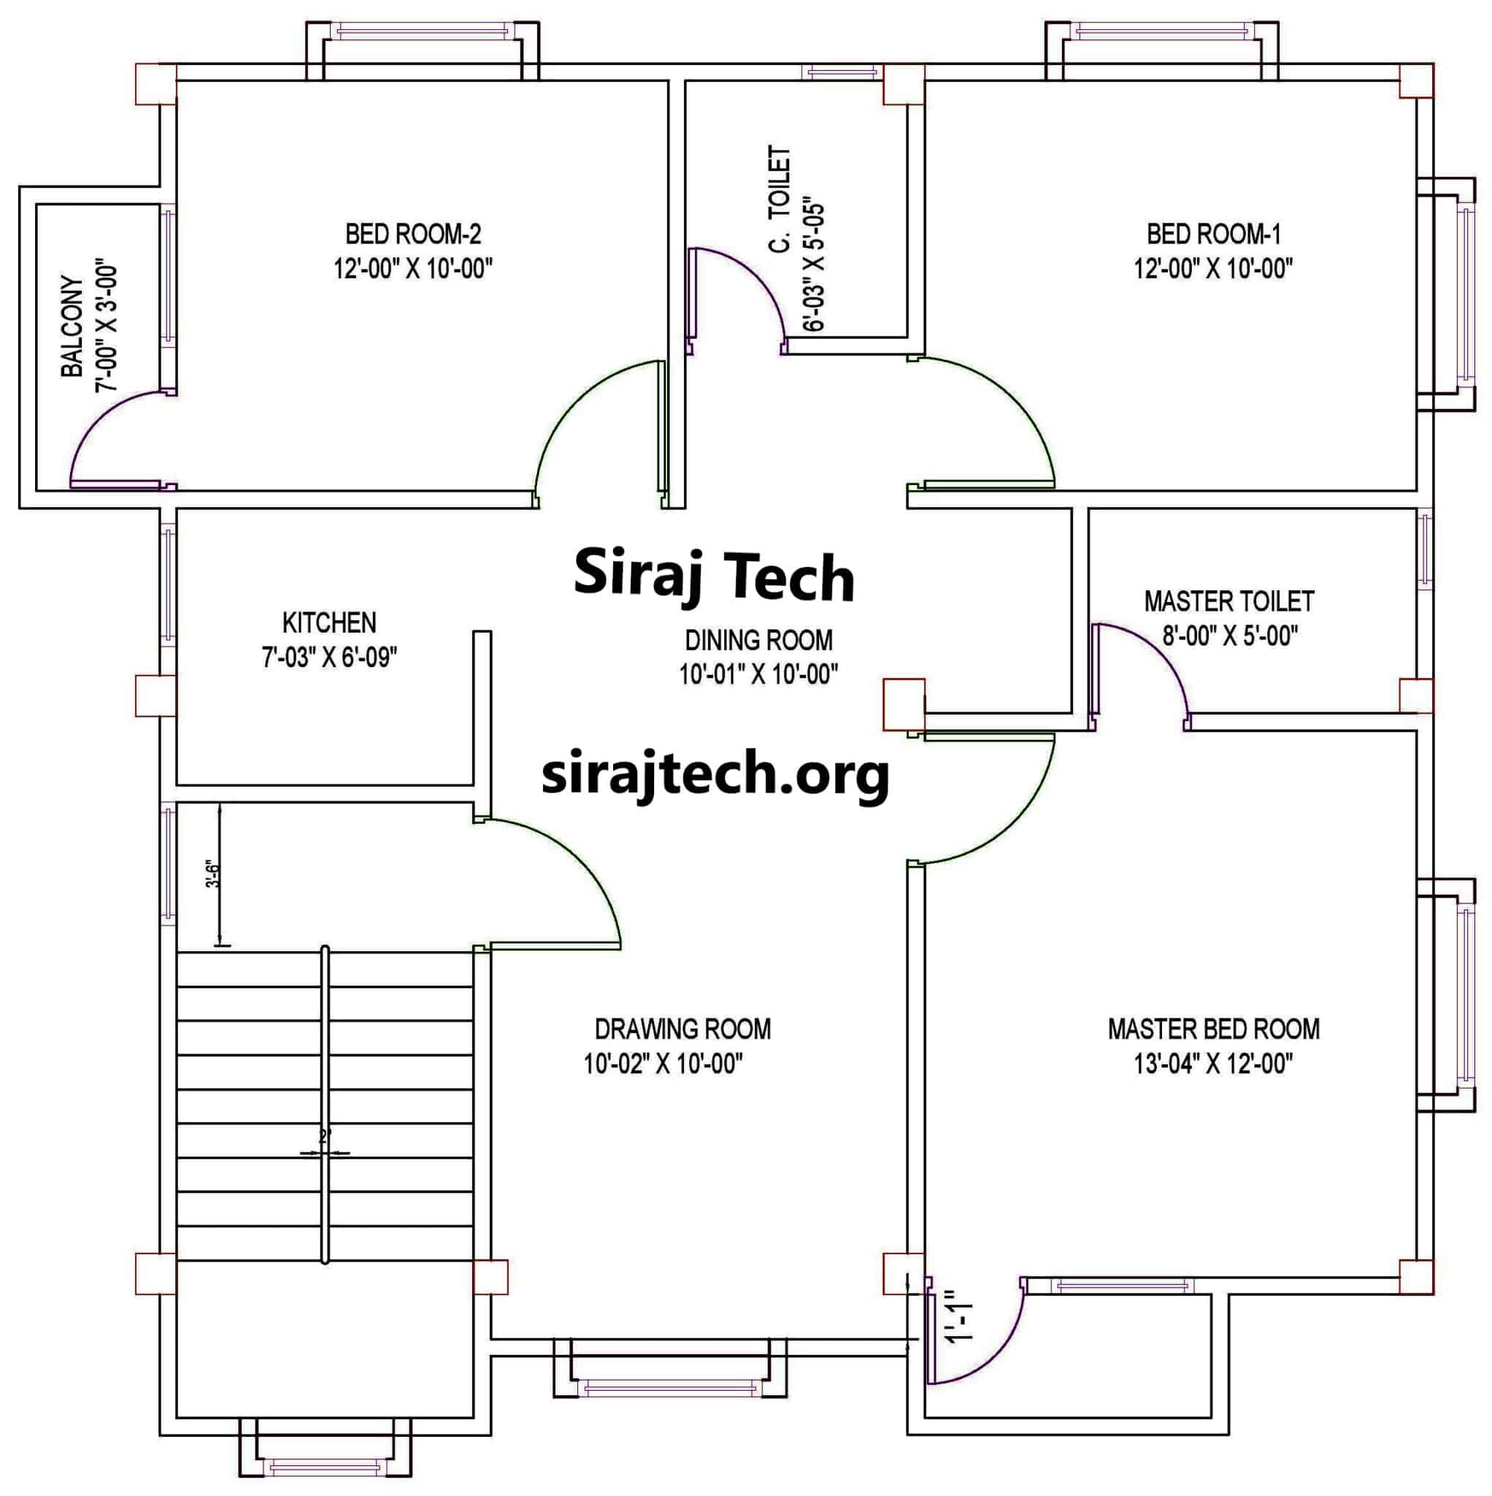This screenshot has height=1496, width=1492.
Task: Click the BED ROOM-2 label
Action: tap(413, 233)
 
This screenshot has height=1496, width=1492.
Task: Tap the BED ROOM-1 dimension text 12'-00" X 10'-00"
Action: tap(1213, 269)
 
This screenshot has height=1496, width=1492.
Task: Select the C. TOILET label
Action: tap(780, 199)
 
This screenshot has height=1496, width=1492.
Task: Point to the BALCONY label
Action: tap(72, 326)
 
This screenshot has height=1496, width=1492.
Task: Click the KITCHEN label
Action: tap(329, 622)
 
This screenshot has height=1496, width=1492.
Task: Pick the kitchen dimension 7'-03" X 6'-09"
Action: tap(329, 657)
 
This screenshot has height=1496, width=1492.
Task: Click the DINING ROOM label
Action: tap(758, 641)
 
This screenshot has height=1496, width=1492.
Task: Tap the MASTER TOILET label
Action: tap(1229, 601)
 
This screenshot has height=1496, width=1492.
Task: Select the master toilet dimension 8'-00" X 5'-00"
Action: tap(1230, 636)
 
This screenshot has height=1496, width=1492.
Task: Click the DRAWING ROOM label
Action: tap(682, 1029)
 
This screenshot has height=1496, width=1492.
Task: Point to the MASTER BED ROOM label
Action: tap(1213, 1029)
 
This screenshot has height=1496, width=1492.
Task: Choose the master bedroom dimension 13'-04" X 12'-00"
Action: tap(1212, 1064)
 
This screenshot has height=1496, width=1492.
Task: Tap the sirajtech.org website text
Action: tap(715, 775)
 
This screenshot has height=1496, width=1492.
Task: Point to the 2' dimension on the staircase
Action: tap(325, 1136)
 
